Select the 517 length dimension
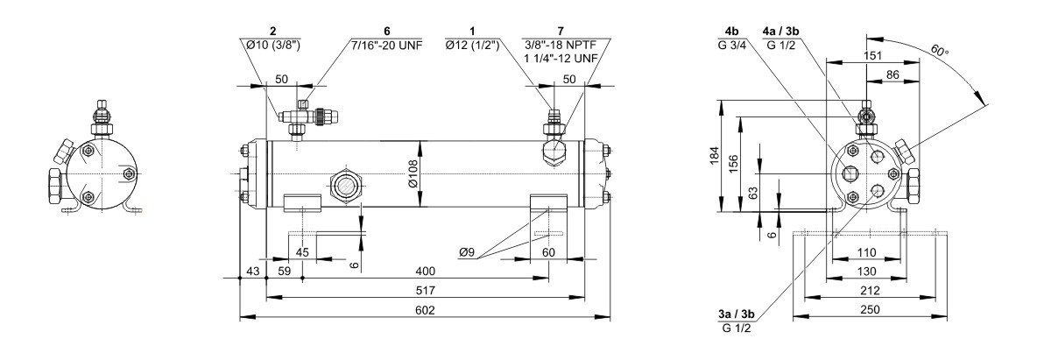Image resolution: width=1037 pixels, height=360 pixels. point(426,290)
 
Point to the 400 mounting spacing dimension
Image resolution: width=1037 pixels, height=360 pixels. point(426,271)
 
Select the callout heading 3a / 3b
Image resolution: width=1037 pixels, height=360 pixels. point(736,315)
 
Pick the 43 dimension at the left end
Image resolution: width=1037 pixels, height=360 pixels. point(250,271)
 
